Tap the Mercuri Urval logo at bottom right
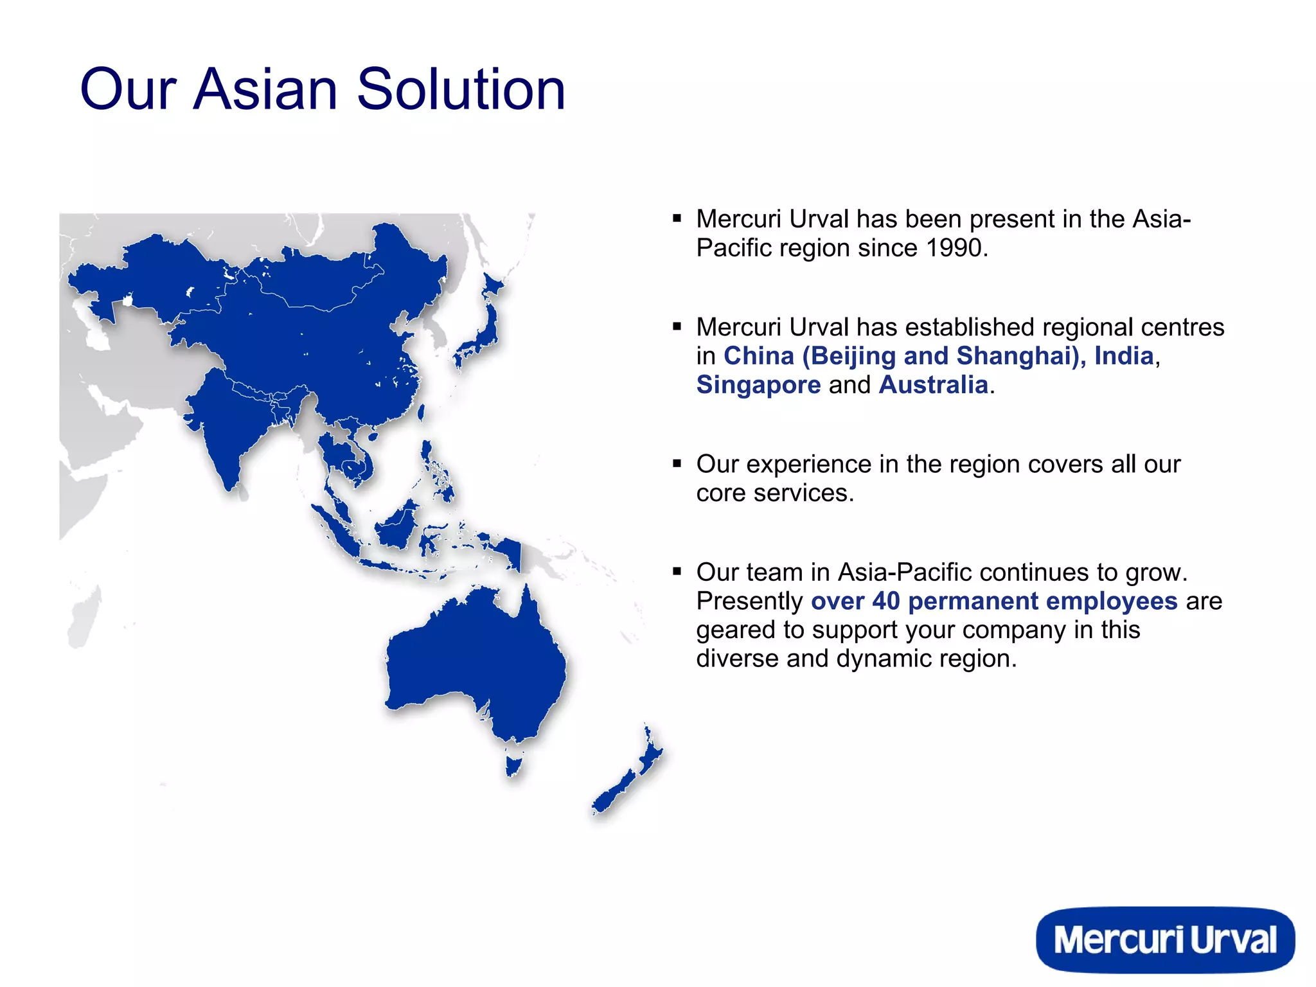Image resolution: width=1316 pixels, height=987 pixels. (x=1164, y=939)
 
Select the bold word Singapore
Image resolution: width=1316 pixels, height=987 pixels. (x=758, y=385)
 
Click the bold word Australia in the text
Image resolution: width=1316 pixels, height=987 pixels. (x=933, y=385)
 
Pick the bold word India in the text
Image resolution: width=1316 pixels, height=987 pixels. (x=1124, y=356)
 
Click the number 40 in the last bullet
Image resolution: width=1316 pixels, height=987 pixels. (x=886, y=601)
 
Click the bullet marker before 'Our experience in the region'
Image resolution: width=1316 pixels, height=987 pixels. (x=677, y=463)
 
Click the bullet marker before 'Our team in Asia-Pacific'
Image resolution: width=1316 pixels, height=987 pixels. (x=677, y=571)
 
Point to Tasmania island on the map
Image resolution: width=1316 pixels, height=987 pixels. (x=513, y=765)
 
